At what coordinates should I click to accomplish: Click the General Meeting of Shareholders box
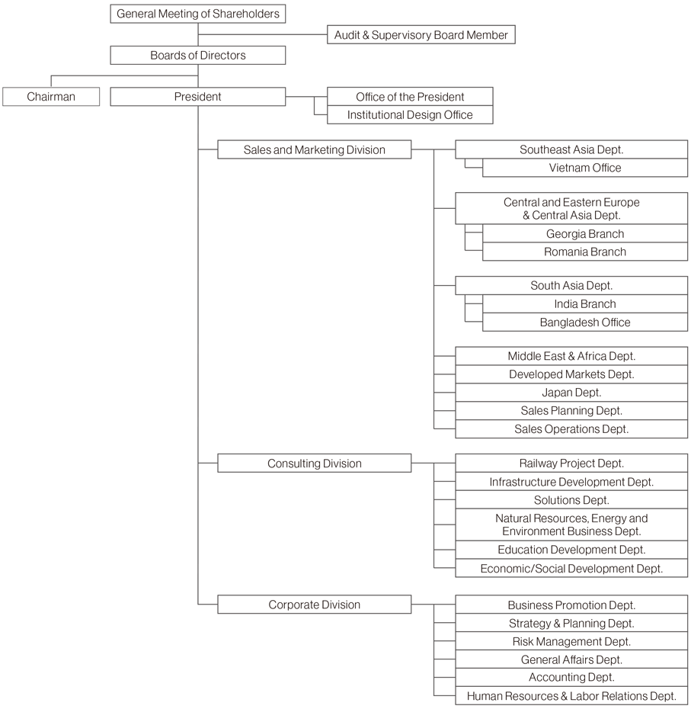coord(198,14)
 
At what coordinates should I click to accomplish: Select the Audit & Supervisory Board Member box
coord(421,35)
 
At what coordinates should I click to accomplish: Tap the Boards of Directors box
coord(198,55)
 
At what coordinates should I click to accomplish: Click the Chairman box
coord(51,97)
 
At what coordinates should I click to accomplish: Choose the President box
coord(198,97)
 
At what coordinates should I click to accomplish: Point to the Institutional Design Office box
coord(410,115)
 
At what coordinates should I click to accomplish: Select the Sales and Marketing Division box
coord(315,149)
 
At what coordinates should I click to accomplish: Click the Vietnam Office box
coord(585,168)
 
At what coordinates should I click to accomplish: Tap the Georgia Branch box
coord(585,234)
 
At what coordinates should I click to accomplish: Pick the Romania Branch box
coord(585,252)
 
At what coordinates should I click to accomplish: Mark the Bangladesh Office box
coord(585,322)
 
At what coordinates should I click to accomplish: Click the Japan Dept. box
coord(571,393)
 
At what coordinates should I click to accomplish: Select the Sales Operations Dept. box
coord(571,429)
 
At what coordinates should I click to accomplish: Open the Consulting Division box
coord(315,464)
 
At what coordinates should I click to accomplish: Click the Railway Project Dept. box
coord(571,464)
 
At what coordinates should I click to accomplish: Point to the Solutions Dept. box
coord(571,500)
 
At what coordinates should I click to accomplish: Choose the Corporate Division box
coord(315,605)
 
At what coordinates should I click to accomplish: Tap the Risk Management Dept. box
coord(571,641)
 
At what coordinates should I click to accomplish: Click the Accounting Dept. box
coord(571,677)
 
